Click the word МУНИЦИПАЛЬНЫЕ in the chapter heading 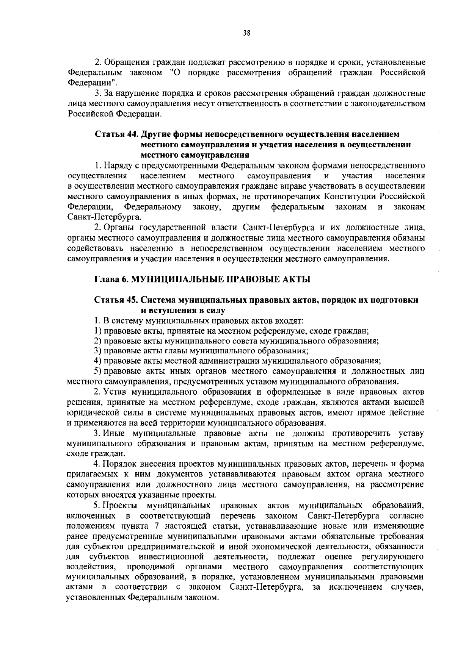177,280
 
